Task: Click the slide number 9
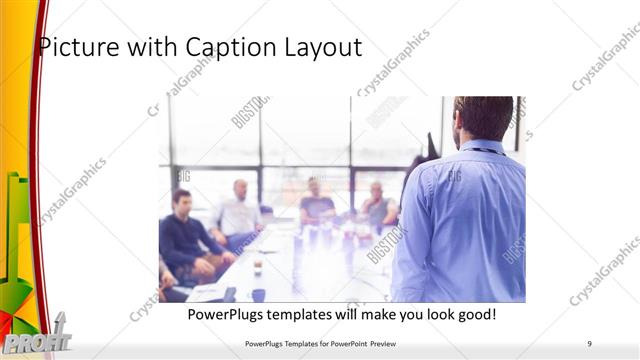point(589,344)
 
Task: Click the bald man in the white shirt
point(239,213)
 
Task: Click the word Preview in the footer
point(368,344)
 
